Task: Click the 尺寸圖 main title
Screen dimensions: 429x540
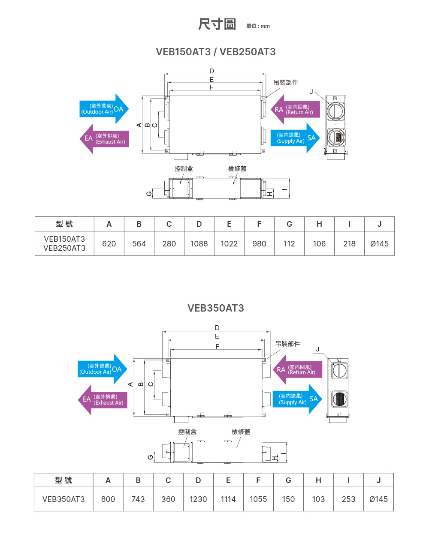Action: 217,24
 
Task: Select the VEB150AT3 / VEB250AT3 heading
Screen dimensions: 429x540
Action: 216,52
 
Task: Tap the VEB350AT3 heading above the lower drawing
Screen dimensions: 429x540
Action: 216,308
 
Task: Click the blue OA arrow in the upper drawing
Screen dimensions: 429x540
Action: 104,109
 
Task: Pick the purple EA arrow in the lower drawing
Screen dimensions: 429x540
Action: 103,400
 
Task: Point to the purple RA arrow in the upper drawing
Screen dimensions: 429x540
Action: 296,109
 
